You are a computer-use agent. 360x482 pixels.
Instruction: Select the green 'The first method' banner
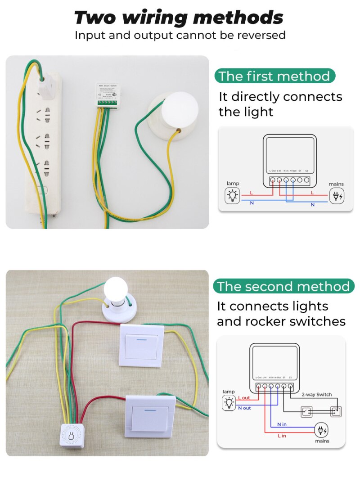click(274, 76)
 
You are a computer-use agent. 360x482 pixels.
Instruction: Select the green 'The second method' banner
click(283, 286)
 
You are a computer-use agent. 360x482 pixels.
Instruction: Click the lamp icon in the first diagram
click(233, 196)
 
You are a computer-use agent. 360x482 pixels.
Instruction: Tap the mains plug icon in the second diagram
click(321, 430)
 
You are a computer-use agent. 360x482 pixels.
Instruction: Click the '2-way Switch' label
click(316, 394)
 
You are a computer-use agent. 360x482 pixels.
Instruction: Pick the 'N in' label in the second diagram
click(282, 424)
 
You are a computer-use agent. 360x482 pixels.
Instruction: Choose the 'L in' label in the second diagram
click(282, 436)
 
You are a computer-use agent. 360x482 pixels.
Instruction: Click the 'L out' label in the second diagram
click(244, 398)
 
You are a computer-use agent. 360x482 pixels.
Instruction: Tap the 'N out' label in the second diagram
click(244, 408)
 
